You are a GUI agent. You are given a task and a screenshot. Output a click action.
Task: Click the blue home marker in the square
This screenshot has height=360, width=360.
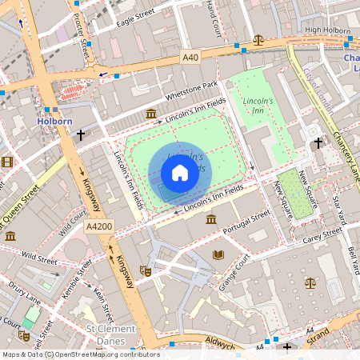180,173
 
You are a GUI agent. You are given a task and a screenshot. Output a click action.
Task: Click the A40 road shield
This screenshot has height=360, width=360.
190,58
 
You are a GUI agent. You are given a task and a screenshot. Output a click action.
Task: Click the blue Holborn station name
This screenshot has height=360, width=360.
54,122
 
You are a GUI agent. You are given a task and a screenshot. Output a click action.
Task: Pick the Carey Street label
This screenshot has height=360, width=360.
322,234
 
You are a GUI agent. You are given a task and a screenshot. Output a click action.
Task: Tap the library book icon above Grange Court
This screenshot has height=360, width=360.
218,255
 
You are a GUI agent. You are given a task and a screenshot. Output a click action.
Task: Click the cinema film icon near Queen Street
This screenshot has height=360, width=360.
7,162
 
